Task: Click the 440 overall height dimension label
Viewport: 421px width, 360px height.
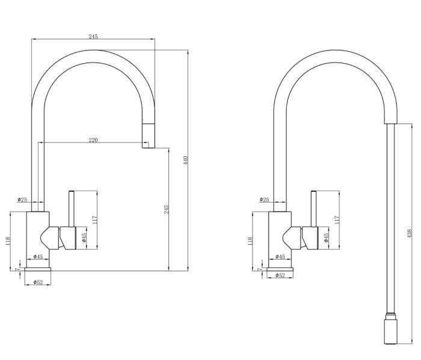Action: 185,160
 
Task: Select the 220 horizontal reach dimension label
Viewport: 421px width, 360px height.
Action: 93,139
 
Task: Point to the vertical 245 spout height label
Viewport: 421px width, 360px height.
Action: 167,209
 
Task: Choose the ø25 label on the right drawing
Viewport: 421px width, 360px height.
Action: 264,200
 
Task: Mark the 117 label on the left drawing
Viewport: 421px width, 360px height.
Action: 94,219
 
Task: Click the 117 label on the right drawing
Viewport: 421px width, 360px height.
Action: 337,219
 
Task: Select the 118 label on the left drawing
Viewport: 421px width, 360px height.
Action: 8,242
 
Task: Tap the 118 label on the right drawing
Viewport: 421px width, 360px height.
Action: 250,242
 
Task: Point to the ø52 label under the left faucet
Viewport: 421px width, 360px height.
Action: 37,282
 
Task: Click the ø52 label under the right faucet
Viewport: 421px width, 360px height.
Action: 280,275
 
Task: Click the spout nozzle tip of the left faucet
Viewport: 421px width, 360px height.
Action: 146,144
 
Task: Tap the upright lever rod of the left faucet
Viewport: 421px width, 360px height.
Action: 71,208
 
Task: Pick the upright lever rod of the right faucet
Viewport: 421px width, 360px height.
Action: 313,208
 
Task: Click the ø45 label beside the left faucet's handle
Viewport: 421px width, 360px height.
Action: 85,237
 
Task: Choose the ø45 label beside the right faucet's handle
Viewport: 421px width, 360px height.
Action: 327,237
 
